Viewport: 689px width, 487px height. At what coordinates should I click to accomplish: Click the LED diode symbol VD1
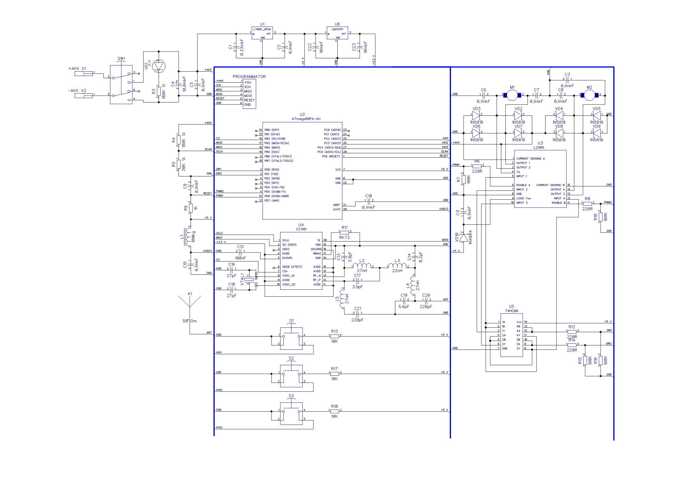159,66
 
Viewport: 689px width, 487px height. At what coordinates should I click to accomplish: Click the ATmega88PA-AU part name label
306,119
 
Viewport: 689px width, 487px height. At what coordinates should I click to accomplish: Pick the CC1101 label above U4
301,229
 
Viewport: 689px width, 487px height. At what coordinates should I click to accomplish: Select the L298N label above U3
540,147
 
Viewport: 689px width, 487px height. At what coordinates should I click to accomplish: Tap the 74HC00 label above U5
511,311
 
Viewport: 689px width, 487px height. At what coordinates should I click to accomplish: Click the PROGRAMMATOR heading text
249,77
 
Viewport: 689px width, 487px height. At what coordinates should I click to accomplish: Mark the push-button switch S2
291,376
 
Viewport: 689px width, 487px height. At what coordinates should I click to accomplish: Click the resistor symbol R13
334,336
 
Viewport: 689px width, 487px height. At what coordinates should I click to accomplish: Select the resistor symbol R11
345,232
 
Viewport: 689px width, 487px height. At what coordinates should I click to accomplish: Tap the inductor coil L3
397,266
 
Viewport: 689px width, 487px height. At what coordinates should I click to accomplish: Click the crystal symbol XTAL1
249,279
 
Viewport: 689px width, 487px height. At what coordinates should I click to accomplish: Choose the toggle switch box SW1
121,85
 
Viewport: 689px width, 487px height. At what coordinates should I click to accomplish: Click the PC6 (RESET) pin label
331,156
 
